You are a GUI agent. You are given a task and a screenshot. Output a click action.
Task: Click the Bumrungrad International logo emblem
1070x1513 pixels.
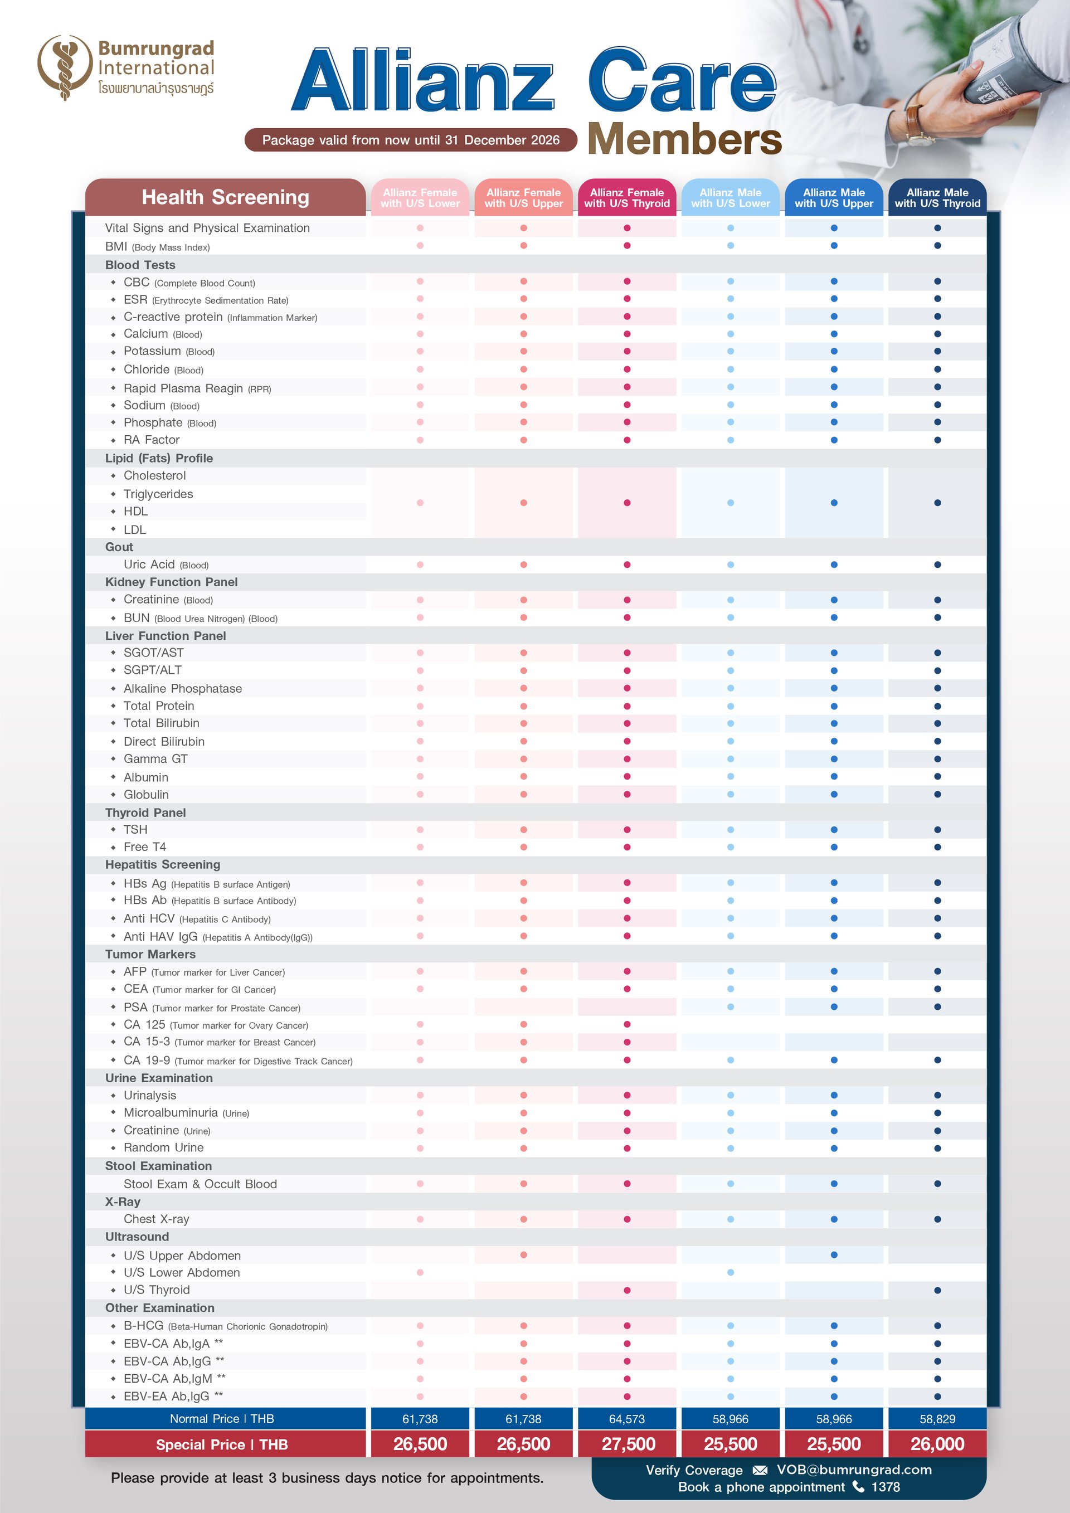64,66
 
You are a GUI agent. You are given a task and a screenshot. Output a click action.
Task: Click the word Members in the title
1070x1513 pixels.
684,139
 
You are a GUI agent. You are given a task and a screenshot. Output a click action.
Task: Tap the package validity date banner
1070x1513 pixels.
411,140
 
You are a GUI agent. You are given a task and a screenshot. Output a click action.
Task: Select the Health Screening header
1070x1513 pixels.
225,197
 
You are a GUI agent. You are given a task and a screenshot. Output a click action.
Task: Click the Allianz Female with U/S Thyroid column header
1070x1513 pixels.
626,198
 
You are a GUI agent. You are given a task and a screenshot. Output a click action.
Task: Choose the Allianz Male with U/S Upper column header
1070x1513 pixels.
834,198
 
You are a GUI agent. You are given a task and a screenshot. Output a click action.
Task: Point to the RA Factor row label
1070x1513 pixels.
152,440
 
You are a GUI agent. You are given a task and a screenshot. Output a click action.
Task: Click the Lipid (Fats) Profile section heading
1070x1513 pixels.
159,458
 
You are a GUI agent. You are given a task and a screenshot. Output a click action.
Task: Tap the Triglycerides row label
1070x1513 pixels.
158,494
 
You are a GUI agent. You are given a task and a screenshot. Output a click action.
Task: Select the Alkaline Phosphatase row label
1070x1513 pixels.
182,688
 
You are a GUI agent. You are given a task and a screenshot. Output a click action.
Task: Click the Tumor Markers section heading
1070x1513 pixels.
150,953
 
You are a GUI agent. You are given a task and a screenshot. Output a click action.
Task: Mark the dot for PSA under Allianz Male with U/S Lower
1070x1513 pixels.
731,1007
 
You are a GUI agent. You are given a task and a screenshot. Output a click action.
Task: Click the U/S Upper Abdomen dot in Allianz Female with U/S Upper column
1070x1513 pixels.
524,1254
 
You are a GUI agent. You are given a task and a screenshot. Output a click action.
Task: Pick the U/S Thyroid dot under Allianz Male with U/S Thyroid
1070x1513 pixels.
937,1290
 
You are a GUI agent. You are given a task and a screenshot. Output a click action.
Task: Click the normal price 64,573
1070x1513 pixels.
626,1419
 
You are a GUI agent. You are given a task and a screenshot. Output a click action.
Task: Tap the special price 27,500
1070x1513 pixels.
628,1444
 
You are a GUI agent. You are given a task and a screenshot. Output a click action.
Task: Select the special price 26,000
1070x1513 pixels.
937,1444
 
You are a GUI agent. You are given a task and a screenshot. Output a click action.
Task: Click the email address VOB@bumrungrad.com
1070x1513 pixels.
854,1470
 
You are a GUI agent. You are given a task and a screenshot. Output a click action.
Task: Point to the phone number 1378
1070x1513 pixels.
886,1487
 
